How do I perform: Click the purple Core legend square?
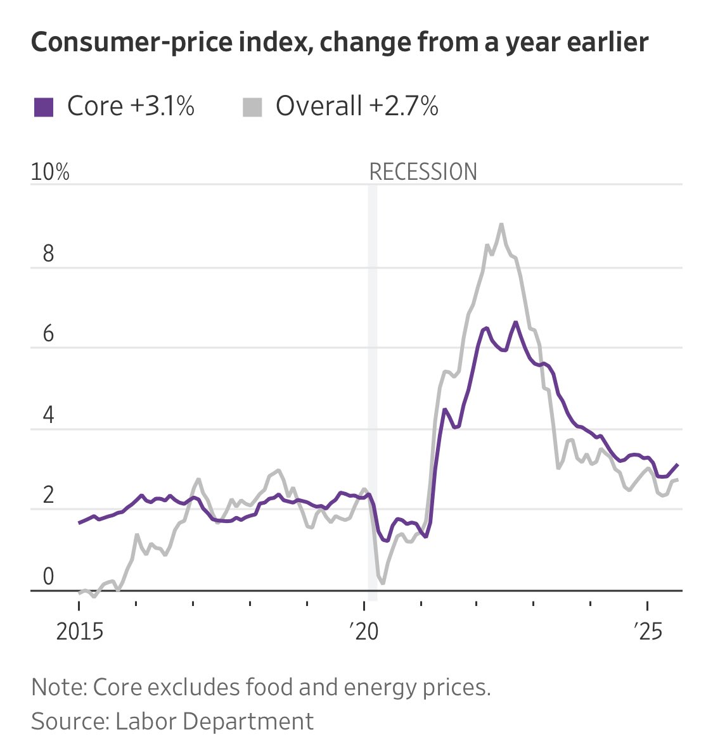coord(43,106)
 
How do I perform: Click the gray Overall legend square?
coord(252,106)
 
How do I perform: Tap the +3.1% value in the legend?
coord(162,106)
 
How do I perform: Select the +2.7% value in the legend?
coord(403,106)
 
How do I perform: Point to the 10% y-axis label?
coord(50,172)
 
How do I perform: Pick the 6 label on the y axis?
coord(48,334)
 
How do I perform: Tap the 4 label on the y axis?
coord(48,415)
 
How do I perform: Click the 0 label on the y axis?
coord(48,577)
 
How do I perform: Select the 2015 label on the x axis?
coord(80,632)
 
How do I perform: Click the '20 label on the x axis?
coord(363,632)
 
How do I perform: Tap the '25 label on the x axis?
coord(648,632)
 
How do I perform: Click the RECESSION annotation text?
coord(423,172)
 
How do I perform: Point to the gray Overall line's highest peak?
coord(501,224)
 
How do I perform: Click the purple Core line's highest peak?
coord(515,322)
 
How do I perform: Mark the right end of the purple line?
coord(678,465)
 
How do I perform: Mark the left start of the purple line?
coord(79,523)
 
